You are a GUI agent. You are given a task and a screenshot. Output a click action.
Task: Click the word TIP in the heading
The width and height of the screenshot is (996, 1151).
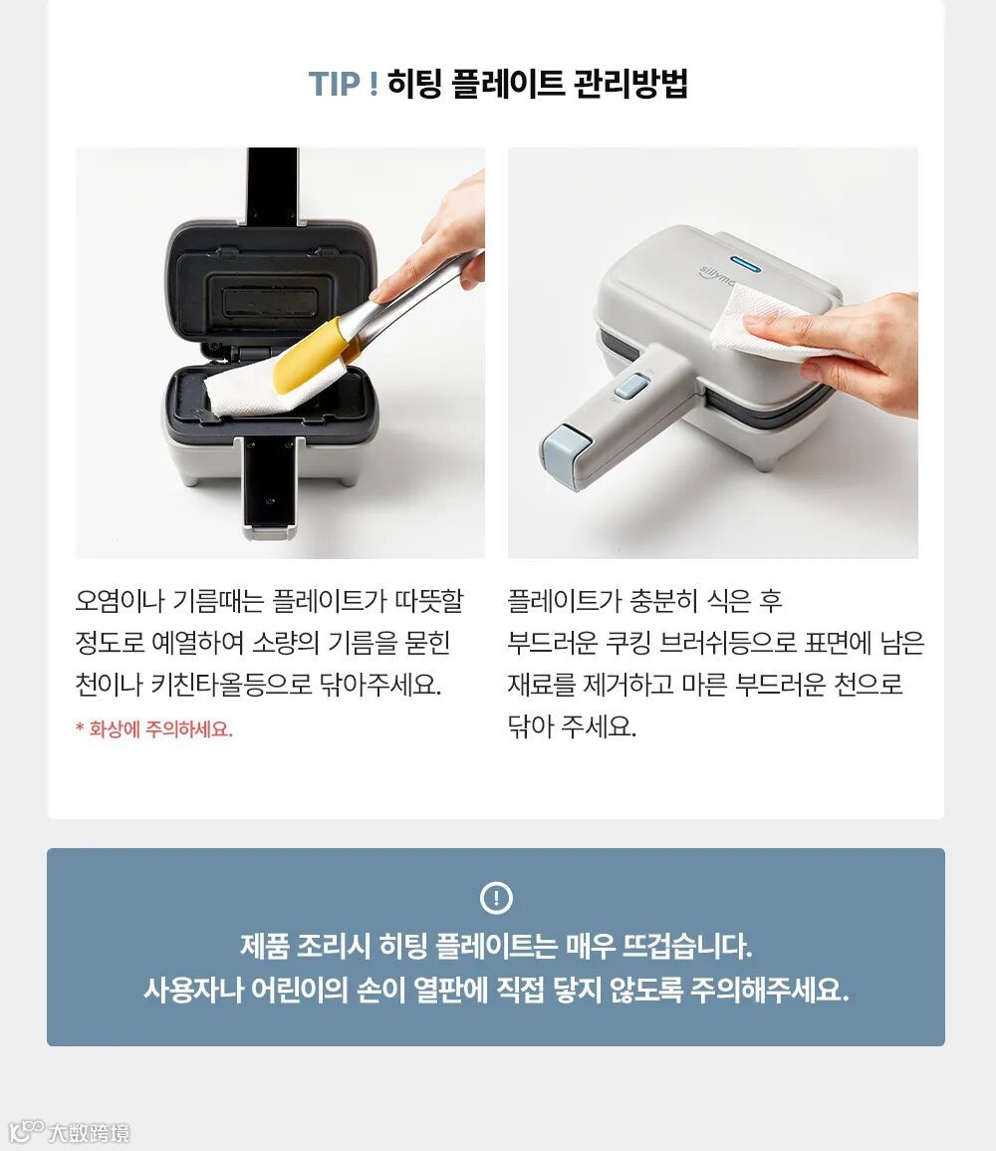click(x=335, y=84)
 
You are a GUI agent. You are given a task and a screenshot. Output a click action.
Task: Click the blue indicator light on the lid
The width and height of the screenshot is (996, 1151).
click(x=745, y=262)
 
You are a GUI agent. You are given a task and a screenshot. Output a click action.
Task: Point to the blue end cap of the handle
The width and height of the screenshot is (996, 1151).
click(x=566, y=449)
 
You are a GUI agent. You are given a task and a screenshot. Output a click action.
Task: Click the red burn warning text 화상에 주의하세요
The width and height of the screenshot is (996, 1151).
click(x=154, y=728)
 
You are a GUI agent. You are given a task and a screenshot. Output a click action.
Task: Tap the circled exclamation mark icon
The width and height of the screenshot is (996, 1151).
click(x=496, y=898)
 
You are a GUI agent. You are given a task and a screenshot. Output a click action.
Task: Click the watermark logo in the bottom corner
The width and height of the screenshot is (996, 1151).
click(x=70, y=1131)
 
